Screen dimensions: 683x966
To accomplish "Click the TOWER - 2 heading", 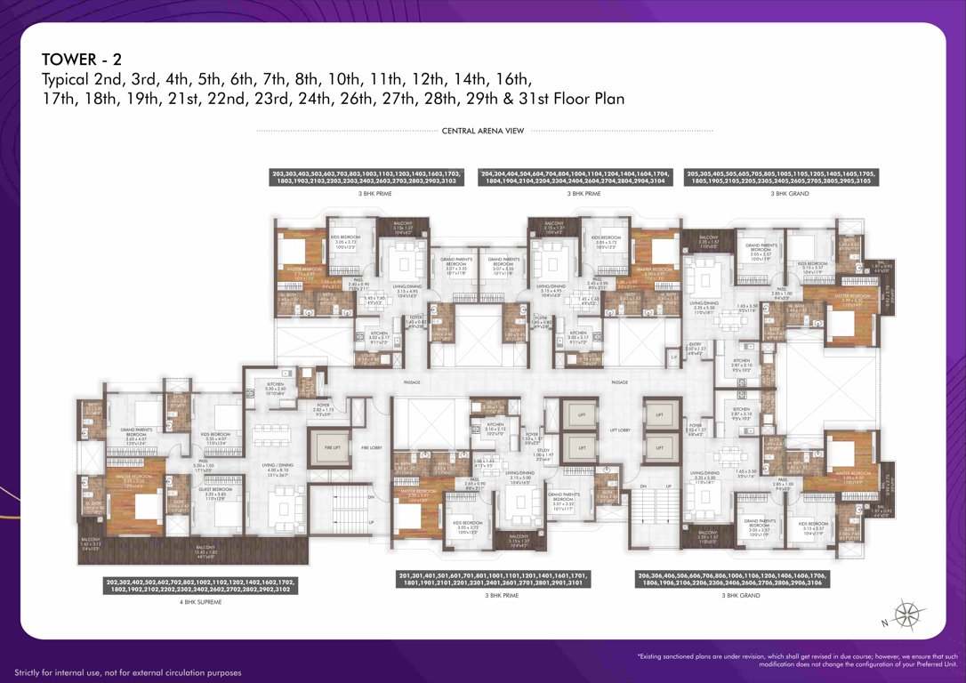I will [81, 60].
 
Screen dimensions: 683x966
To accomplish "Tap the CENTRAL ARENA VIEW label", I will [483, 131].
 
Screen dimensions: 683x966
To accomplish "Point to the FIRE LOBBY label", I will [370, 446].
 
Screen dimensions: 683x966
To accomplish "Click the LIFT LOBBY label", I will [620, 430].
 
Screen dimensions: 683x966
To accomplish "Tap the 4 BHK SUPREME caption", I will [201, 602].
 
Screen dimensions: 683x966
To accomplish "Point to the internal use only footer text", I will [128, 672].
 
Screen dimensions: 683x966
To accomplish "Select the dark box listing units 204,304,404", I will [574, 177].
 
